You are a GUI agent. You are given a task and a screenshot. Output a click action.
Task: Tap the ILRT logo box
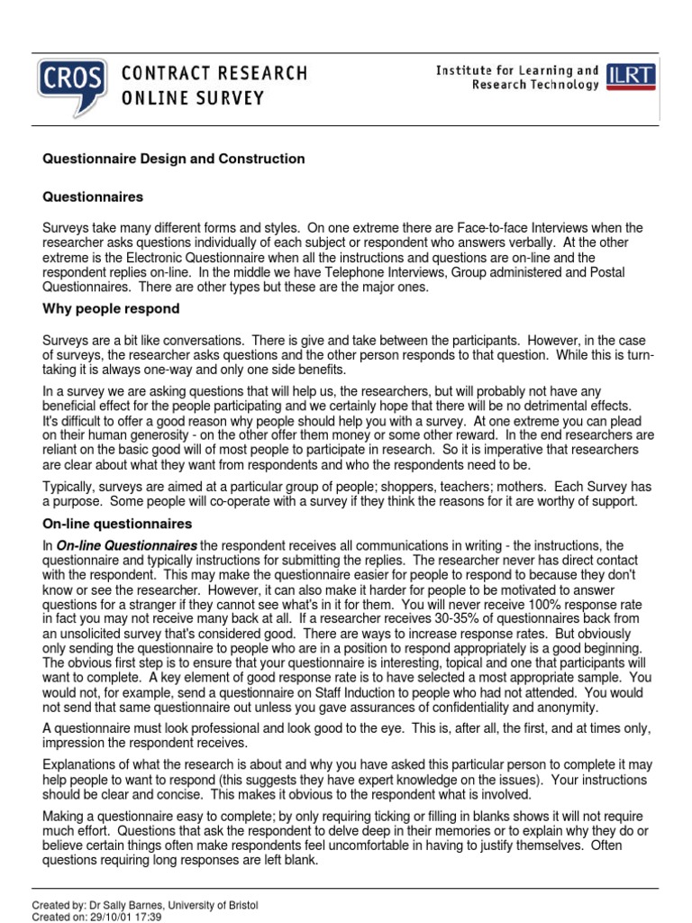(x=632, y=76)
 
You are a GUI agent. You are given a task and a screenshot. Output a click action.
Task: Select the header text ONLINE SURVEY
(x=193, y=97)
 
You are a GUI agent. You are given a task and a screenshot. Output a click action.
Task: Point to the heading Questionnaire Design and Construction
(x=175, y=159)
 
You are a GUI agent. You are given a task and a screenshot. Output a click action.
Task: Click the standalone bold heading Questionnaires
(x=94, y=196)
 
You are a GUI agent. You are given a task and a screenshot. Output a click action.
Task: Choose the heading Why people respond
(x=112, y=309)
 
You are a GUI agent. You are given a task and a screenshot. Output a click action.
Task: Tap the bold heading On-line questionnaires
(x=118, y=524)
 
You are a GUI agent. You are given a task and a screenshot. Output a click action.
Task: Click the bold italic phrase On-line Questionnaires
(x=127, y=545)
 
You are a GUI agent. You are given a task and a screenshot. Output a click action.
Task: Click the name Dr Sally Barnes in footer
(x=119, y=905)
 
